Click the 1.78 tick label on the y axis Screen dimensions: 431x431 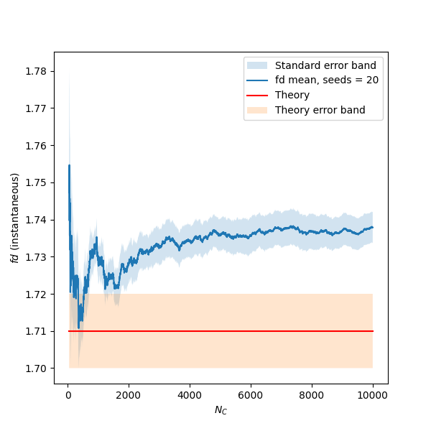pos(37,71)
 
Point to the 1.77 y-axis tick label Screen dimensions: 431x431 pos(37,108)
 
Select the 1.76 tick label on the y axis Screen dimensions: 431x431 pos(37,145)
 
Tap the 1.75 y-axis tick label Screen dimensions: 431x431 pos(37,182)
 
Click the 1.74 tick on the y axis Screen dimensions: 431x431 pos(37,220)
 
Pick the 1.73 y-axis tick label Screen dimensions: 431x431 pos(37,257)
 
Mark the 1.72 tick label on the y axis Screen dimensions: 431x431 pos(37,295)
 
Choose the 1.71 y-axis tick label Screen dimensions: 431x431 pos(37,331)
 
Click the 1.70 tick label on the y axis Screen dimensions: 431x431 pos(37,369)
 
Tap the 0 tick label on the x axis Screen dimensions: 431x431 pos(68,394)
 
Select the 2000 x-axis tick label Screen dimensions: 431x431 pos(129,394)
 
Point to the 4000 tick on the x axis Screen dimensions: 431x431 pos(190,394)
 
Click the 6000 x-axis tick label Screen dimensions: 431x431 pos(251,394)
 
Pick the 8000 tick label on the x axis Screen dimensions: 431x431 pos(312,394)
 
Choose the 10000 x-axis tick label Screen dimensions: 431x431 pos(373,394)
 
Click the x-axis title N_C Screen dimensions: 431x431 pos(221,409)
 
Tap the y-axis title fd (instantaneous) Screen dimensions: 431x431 pos(14,217)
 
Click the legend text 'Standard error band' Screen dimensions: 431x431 pos(325,65)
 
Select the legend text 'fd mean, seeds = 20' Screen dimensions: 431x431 pos(327,80)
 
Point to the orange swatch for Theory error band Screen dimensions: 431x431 pos(257,110)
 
